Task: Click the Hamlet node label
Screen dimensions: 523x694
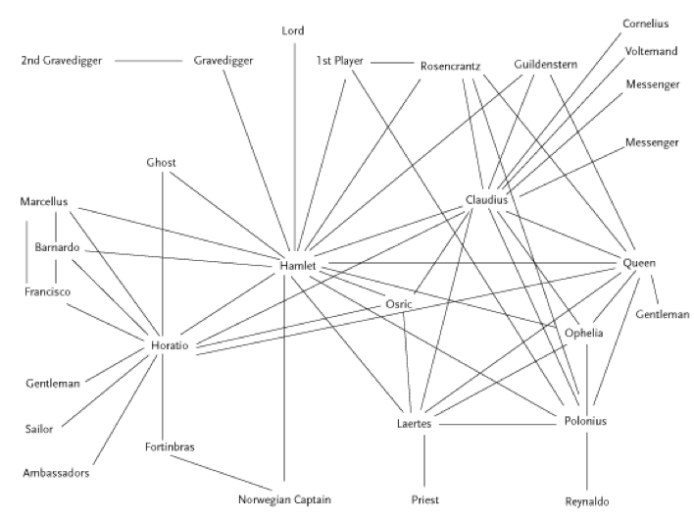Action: (x=296, y=266)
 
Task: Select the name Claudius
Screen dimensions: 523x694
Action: (x=486, y=200)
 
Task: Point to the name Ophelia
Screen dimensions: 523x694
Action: (x=584, y=334)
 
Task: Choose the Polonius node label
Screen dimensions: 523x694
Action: (x=586, y=421)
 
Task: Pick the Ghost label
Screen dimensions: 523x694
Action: (x=162, y=162)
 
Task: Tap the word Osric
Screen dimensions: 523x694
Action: (x=398, y=304)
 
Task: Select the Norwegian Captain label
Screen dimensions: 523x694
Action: (x=284, y=499)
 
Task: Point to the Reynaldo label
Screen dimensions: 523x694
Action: (x=587, y=501)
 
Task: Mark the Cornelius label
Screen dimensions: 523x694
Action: (x=647, y=23)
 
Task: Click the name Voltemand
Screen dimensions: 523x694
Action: (x=651, y=51)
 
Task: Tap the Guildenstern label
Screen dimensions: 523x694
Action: (x=545, y=65)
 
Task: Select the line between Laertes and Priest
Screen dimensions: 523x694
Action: (x=425, y=462)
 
